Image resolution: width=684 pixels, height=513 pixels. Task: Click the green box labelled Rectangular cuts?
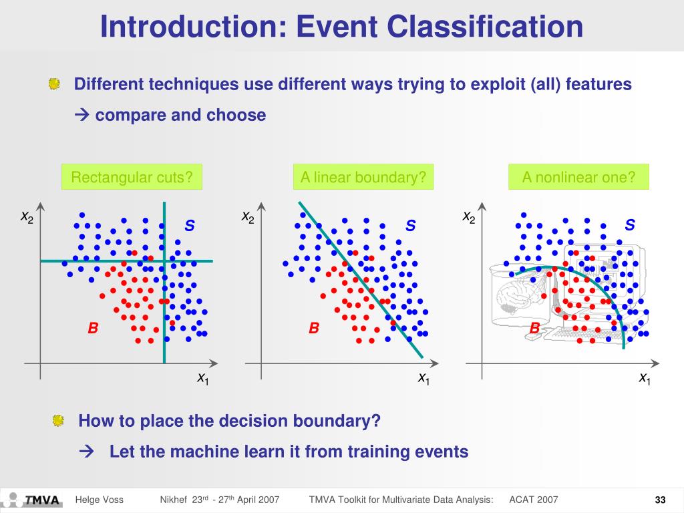click(132, 177)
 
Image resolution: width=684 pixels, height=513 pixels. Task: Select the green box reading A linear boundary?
click(363, 177)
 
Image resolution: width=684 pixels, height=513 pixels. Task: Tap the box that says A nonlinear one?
click(578, 177)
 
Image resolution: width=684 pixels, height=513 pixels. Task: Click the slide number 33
click(661, 500)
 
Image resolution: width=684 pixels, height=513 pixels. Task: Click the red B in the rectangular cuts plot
click(94, 328)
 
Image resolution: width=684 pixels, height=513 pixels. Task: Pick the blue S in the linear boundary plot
click(410, 226)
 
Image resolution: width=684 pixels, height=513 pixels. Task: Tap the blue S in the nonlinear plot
click(629, 225)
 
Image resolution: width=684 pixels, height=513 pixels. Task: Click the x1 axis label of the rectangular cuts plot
click(203, 379)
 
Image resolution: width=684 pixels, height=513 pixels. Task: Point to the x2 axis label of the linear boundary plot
click(248, 218)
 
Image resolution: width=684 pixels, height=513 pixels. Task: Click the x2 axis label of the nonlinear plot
click(469, 218)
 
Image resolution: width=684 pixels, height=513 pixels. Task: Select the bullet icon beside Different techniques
click(54, 85)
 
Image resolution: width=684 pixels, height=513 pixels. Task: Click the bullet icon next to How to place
click(59, 421)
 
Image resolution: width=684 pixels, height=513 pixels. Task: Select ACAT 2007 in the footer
click(533, 500)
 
